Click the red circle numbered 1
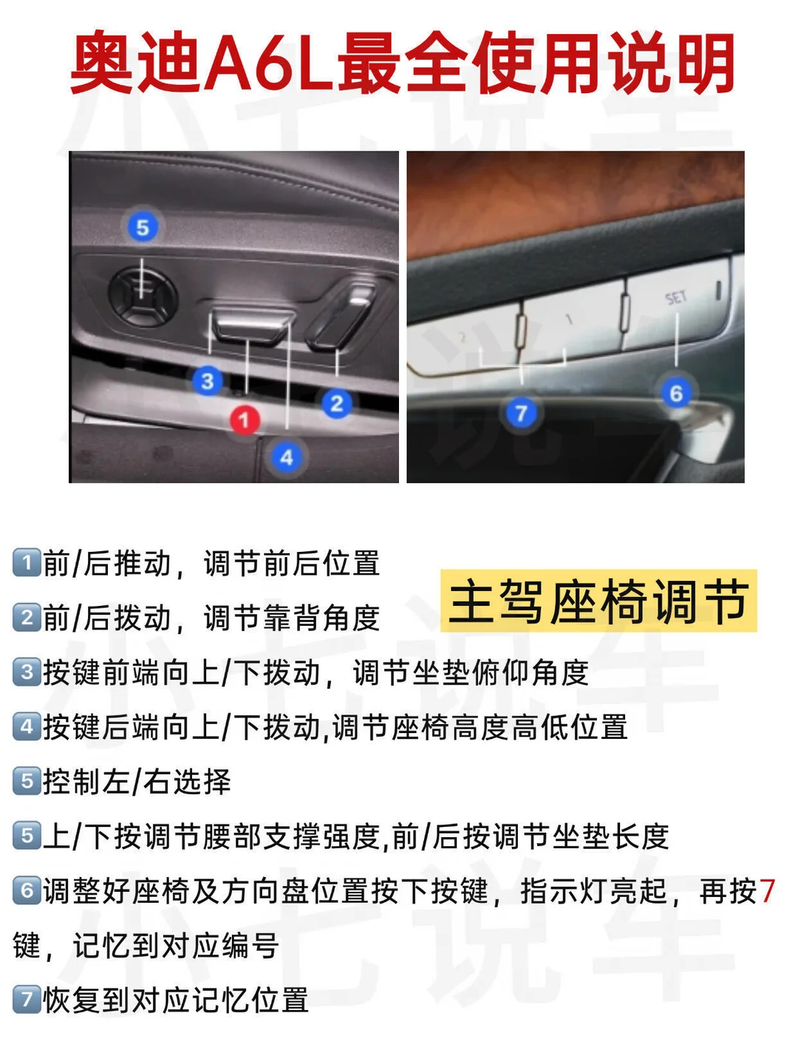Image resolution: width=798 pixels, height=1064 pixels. [x=245, y=420]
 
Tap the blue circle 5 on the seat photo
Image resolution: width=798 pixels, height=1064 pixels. [x=143, y=227]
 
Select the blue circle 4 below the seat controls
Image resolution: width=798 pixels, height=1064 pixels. [x=287, y=457]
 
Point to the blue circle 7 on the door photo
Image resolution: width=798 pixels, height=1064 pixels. [x=522, y=413]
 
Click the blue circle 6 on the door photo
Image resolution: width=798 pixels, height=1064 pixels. [x=676, y=392]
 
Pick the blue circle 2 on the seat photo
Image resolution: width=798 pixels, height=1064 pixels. [x=337, y=403]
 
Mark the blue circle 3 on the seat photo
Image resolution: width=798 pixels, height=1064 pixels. [x=208, y=381]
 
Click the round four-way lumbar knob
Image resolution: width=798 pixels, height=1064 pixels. [x=142, y=296]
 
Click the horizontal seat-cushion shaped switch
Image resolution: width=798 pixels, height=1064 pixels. [x=253, y=324]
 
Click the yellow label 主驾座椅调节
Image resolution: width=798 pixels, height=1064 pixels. [x=598, y=601]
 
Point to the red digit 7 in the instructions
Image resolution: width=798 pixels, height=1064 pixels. [x=767, y=891]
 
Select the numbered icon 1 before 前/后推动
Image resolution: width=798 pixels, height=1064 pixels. [x=27, y=562]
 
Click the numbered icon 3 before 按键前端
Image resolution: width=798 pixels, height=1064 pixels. [x=27, y=672]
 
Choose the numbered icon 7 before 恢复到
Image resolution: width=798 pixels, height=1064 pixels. [x=27, y=1000]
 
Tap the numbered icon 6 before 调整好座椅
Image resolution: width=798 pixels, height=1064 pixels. [x=27, y=890]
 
